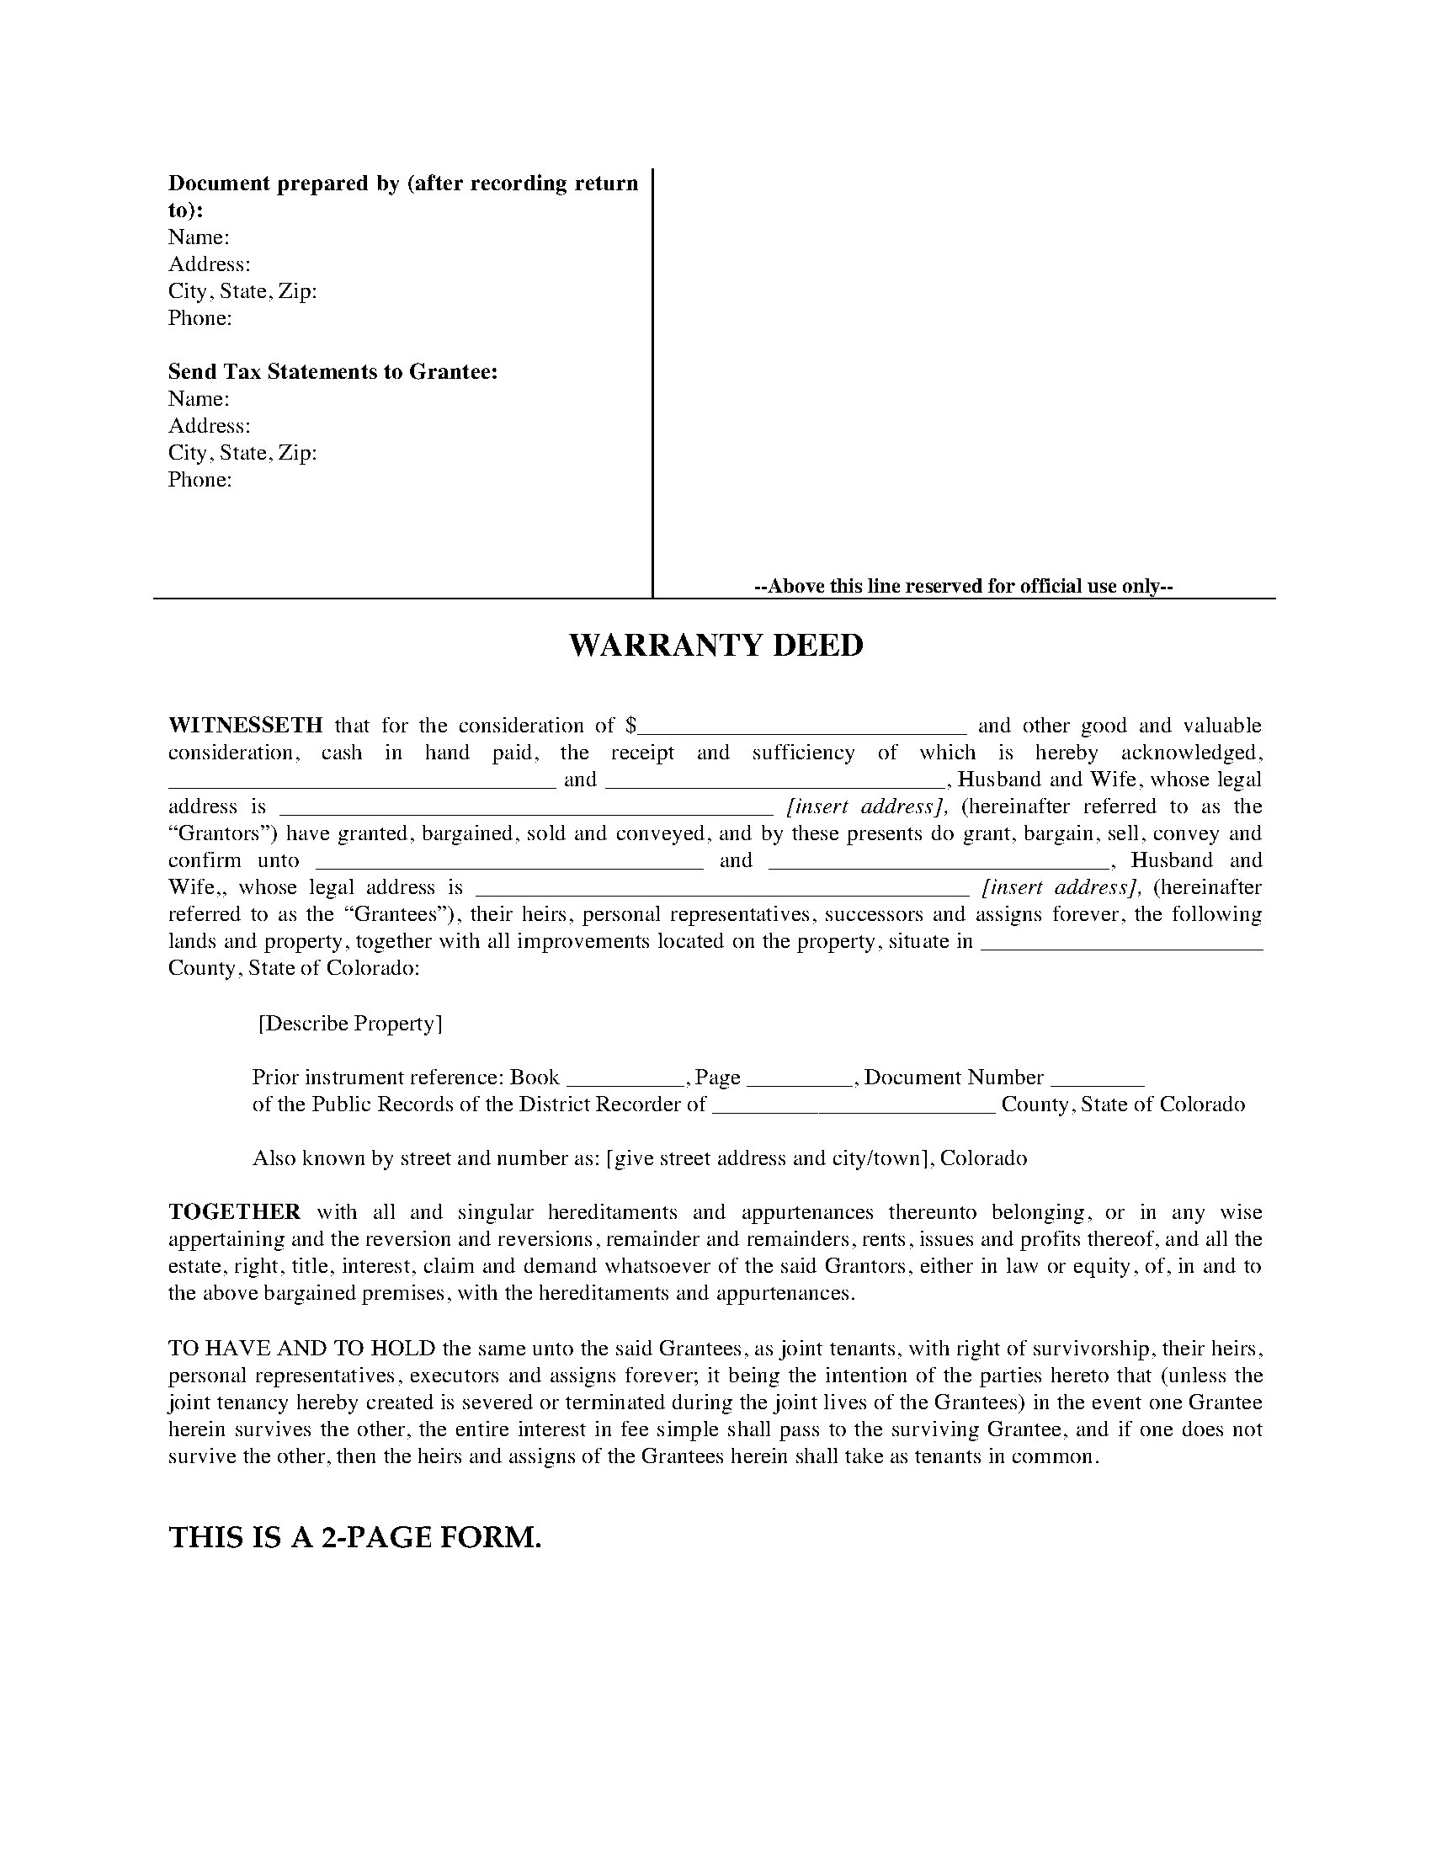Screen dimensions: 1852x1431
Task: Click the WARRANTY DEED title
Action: click(715, 647)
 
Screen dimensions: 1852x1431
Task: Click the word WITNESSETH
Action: click(245, 726)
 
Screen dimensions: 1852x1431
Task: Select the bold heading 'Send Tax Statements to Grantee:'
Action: click(332, 371)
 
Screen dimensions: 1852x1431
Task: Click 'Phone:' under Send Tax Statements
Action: click(200, 480)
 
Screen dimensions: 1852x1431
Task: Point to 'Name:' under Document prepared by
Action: click(199, 237)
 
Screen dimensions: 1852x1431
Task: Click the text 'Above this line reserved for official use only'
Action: click(963, 586)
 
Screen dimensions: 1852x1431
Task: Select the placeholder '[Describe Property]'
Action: click(349, 1024)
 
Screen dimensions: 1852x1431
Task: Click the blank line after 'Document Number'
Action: click(1098, 1081)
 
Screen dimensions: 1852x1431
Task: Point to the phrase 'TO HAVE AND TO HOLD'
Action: click(301, 1349)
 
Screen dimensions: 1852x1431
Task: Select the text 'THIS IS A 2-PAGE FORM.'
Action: click(355, 1537)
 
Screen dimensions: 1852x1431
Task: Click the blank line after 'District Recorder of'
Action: click(852, 1109)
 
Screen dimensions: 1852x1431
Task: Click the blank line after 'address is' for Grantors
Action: click(525, 810)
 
